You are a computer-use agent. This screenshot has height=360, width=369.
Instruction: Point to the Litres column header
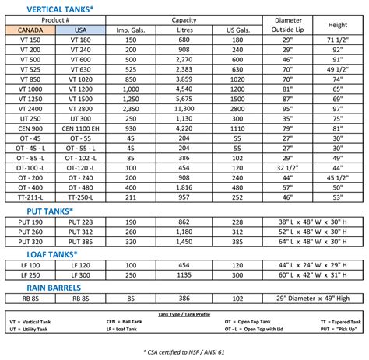point(184,30)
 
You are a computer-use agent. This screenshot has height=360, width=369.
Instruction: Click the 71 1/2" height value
point(337,39)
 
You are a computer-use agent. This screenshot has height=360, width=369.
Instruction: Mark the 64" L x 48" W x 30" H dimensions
point(312,241)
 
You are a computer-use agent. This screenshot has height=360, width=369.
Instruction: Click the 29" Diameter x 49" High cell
point(312,297)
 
